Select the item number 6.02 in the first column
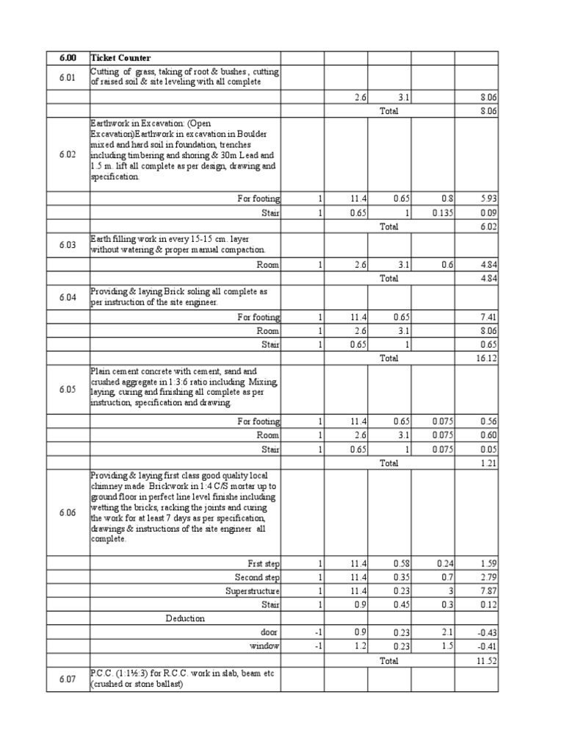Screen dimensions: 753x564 click(x=67, y=154)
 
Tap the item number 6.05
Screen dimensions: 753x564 click(x=67, y=389)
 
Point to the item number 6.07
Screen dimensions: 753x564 click(x=67, y=680)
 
